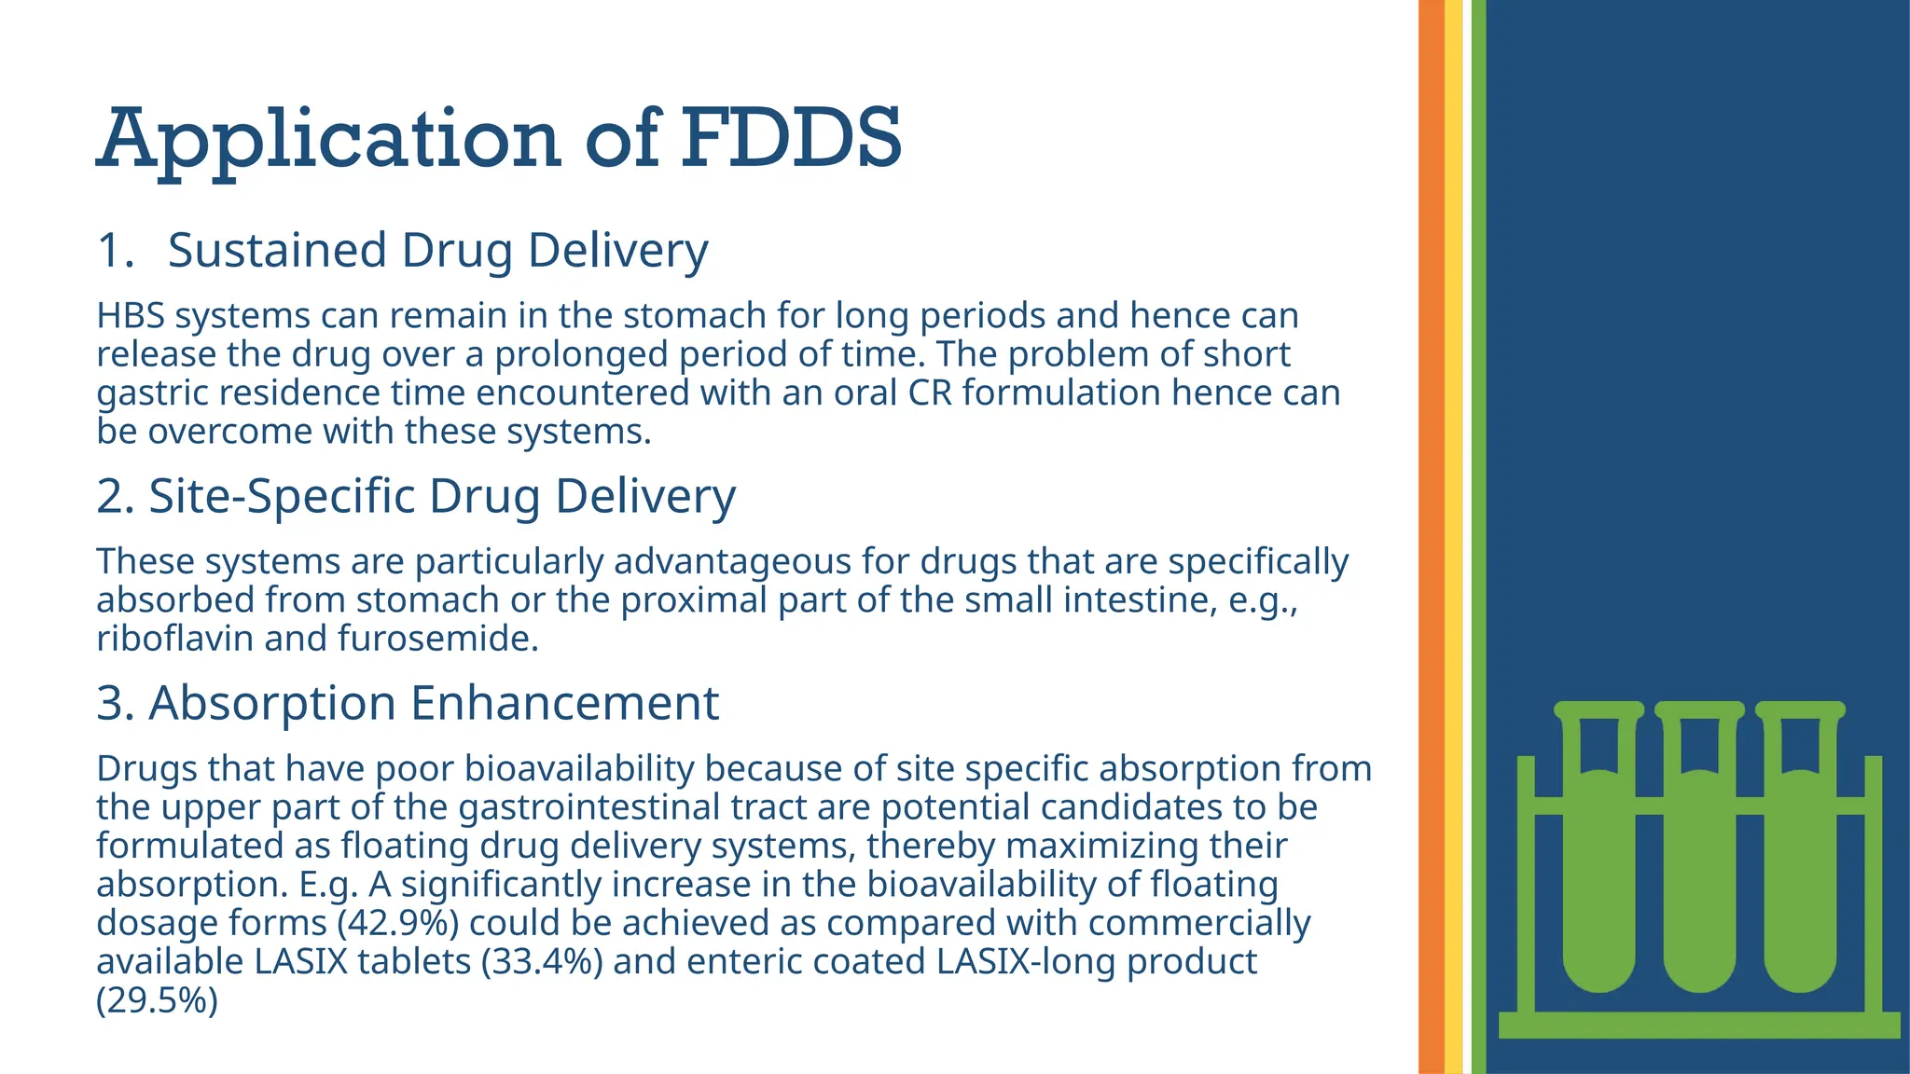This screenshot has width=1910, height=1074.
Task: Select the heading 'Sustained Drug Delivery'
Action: tap(437, 250)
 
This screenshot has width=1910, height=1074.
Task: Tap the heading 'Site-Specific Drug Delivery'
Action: tap(442, 495)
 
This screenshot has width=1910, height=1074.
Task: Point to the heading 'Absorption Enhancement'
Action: tap(434, 702)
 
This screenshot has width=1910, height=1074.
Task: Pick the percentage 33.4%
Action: tap(542, 961)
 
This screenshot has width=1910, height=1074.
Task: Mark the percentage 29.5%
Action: tap(157, 1000)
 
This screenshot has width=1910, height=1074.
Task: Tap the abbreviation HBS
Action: tap(131, 316)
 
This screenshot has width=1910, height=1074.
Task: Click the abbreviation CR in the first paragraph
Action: tap(930, 392)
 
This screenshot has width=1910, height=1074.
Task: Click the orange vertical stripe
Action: tap(1431, 537)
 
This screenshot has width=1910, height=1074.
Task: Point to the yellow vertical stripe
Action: tap(1453, 537)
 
